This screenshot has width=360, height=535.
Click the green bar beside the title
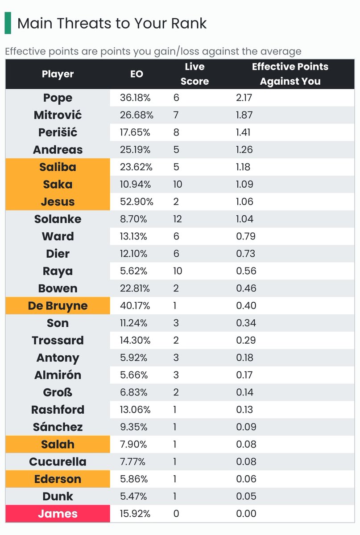pos(8,23)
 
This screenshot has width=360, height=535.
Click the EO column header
pos(137,74)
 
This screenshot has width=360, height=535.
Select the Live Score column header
pos(194,74)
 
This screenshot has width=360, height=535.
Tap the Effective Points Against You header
pos(290,74)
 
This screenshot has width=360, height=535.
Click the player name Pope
pos(58,98)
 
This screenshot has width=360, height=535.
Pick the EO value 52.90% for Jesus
pos(137,202)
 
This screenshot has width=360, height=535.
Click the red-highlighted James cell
pos(58,514)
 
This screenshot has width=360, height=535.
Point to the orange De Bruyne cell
pos(58,306)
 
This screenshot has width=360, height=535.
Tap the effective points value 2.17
pos(244,98)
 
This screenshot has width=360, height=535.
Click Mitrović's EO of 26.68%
pos(137,115)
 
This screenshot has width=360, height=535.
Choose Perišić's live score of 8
pos(176,133)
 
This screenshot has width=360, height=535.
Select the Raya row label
pos(58,271)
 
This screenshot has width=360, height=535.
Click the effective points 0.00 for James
pos(246,514)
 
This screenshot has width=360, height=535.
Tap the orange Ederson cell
pos(58,479)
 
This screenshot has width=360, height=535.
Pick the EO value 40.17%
pos(137,306)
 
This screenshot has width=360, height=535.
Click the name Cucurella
pos(58,462)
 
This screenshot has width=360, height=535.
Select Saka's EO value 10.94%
pos(136,185)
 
